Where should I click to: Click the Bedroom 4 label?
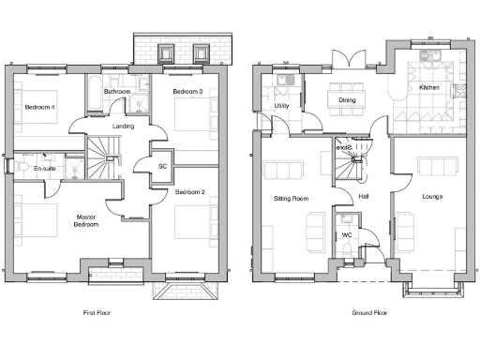pyautogui.click(x=40, y=106)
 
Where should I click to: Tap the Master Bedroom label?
pyautogui.click(x=85, y=221)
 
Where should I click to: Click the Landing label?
pyautogui.click(x=123, y=126)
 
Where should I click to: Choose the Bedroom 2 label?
pyautogui.click(x=189, y=192)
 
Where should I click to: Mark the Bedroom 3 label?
pyautogui.click(x=188, y=92)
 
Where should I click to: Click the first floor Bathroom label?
pyautogui.click(x=117, y=91)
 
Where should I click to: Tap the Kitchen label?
pyautogui.click(x=429, y=87)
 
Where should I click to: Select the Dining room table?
pyautogui.click(x=347, y=98)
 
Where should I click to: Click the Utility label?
pyautogui.click(x=281, y=107)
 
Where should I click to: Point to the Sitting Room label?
pyautogui.click(x=291, y=199)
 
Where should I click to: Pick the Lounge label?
pyautogui.click(x=432, y=196)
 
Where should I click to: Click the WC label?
pyautogui.click(x=345, y=234)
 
